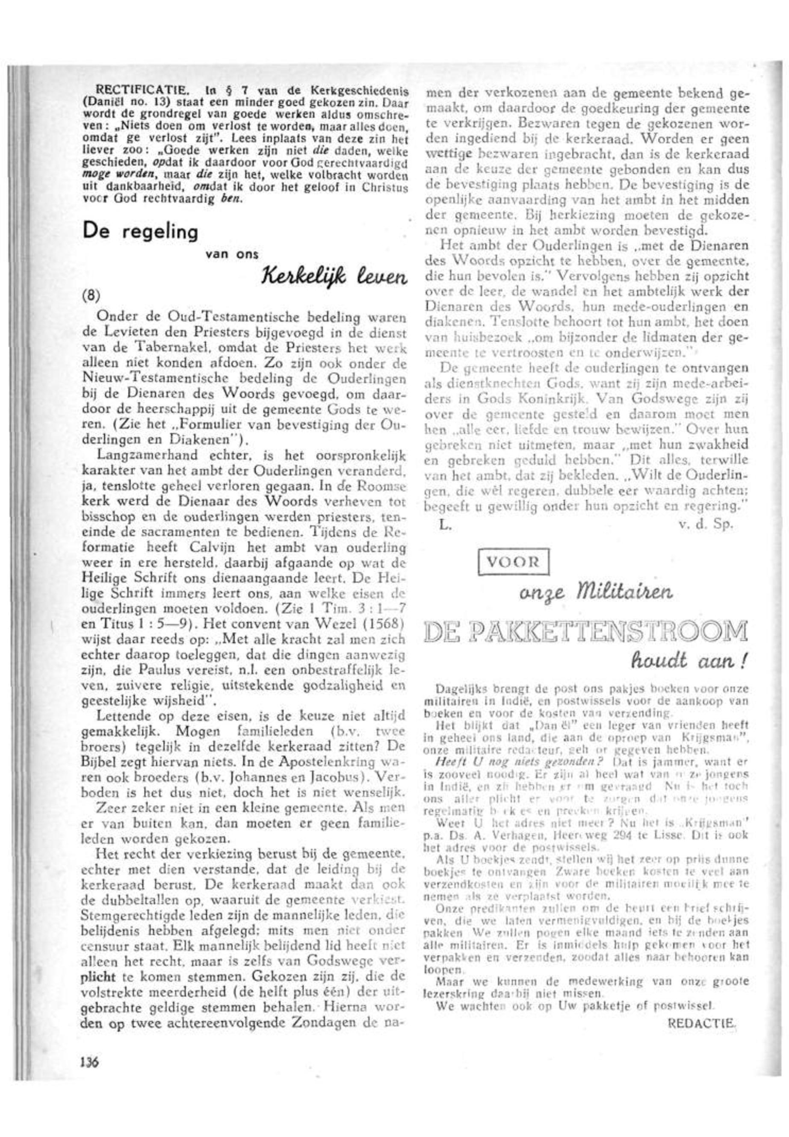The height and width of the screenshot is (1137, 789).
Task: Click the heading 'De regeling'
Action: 140,231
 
